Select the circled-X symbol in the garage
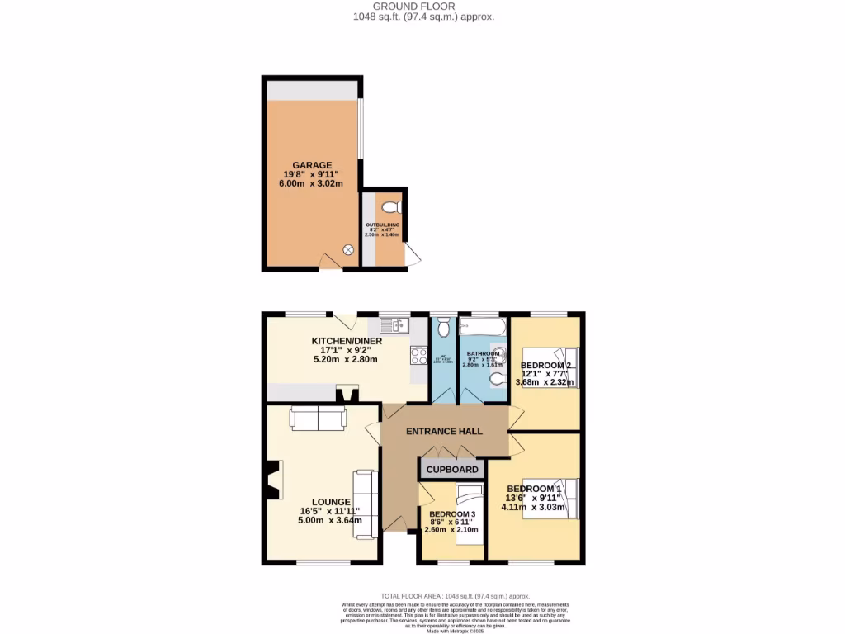tap(348, 250)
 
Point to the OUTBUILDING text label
tap(383, 225)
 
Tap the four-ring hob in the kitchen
tap(418, 356)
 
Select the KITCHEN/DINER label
tap(344, 341)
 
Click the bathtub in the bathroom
tap(484, 328)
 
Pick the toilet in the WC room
tap(443, 328)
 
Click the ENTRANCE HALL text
tap(444, 432)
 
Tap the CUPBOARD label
tap(452, 470)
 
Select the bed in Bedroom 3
tap(468, 508)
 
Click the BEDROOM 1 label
tap(534, 489)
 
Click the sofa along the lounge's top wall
tap(318, 419)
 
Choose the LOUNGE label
tap(331, 502)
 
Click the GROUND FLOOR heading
tap(422, 6)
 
